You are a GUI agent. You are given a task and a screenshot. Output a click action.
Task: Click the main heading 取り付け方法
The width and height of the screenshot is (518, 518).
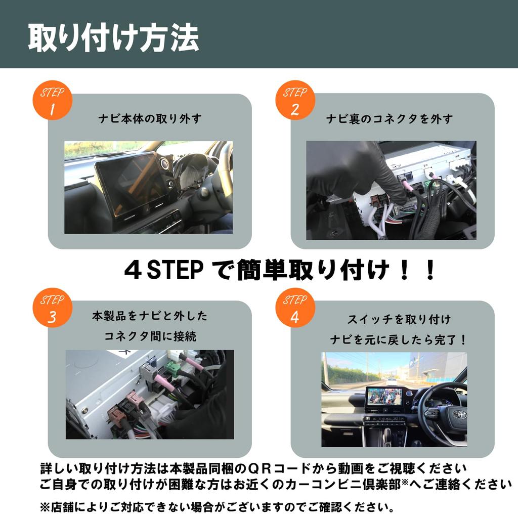(x=113, y=36)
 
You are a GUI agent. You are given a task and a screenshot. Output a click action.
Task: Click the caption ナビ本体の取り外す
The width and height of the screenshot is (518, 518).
(x=150, y=119)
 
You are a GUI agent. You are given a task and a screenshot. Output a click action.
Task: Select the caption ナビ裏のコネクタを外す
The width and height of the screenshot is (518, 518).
(x=390, y=119)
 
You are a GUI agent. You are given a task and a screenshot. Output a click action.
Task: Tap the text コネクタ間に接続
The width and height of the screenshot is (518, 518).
(x=150, y=335)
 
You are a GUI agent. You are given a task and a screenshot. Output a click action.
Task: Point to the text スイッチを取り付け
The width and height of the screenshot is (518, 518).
(x=399, y=320)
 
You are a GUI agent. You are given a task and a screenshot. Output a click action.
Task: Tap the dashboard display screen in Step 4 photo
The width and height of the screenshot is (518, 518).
(x=384, y=397)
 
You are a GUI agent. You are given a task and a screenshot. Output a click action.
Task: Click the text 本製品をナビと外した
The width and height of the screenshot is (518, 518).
(x=150, y=316)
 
